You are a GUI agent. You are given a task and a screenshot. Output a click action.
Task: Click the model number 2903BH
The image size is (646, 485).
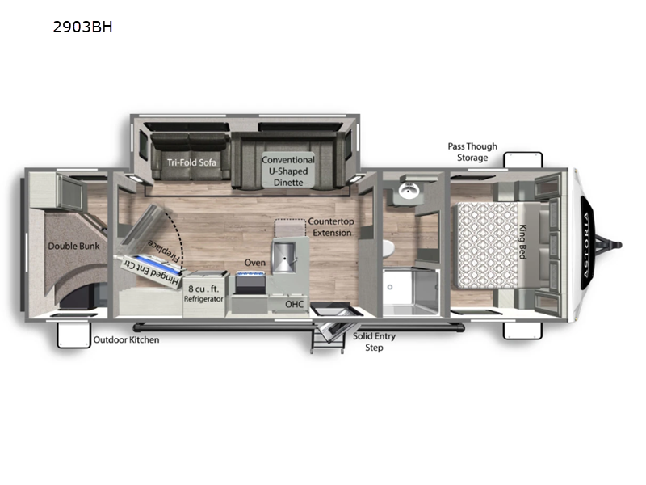[82, 27]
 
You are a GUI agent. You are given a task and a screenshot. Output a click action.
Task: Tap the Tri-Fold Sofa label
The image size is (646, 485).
[191, 162]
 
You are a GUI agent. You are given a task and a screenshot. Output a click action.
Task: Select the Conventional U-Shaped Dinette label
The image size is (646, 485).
[288, 171]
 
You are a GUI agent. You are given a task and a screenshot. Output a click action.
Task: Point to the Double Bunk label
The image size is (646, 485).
[73, 247]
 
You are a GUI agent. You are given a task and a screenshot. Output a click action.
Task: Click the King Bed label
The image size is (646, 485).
[522, 242]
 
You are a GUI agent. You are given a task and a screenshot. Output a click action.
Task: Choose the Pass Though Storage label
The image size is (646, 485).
[472, 152]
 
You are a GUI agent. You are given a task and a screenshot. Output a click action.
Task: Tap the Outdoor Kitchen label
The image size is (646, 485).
[126, 339]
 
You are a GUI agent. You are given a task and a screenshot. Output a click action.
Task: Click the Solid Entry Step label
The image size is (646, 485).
[374, 342]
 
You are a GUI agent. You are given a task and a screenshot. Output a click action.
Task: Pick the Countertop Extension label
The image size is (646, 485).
[331, 227]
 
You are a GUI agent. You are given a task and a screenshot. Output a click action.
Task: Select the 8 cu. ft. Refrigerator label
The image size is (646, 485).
[203, 293]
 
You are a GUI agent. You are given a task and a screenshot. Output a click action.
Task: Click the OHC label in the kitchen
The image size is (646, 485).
[294, 305]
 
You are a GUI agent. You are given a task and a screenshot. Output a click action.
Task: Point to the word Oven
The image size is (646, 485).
[255, 263]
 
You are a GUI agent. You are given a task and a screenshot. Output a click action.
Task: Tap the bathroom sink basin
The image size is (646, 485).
[409, 191]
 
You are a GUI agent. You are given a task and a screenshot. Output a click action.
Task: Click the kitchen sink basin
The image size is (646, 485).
[283, 256]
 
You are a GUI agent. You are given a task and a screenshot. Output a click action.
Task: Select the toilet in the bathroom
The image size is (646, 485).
[388, 248]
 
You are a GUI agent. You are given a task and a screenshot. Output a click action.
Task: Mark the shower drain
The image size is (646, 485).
[390, 287]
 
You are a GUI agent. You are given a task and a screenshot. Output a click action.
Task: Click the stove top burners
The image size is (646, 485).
[250, 275]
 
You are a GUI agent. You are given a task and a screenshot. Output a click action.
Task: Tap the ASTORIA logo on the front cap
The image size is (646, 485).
[587, 245]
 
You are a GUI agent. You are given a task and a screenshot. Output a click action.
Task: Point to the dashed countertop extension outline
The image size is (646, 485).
[290, 220]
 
